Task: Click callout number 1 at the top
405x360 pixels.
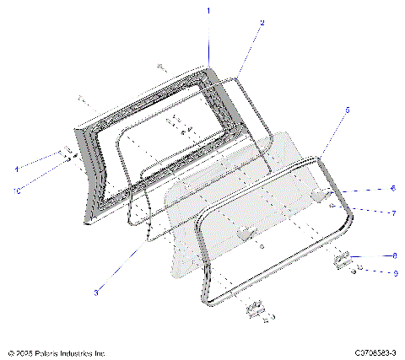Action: tap(208, 9)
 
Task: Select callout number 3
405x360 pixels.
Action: tap(97, 292)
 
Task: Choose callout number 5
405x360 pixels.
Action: tap(347, 110)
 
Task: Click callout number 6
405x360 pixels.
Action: tap(369, 188)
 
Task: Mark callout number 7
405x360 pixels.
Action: tap(369, 213)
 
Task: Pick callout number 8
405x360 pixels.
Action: tap(371, 255)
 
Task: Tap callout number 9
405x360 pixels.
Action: tap(371, 272)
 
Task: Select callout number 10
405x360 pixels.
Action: tap(17, 191)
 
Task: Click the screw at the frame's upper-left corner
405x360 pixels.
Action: tap(82, 98)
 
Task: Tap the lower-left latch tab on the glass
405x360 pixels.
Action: tap(245, 233)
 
